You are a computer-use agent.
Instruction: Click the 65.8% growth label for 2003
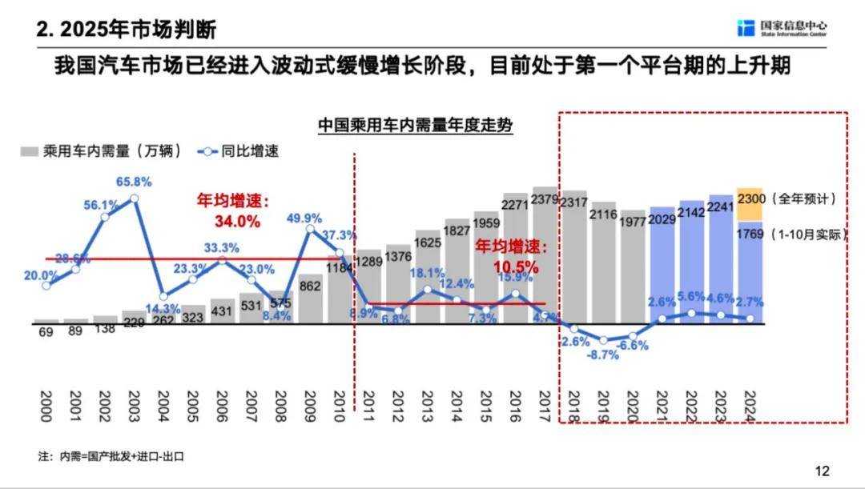tap(134, 182)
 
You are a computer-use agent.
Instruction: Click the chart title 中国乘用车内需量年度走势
tap(415, 126)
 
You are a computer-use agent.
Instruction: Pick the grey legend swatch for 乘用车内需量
tap(30, 150)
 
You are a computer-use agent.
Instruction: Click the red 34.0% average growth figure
tap(237, 222)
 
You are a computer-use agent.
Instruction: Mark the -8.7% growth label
tap(603, 355)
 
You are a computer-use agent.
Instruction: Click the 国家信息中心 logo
tap(782, 28)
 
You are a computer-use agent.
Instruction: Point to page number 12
tap(822, 471)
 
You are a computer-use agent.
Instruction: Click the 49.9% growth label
tap(304, 218)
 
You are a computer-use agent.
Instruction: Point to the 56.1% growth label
tap(101, 205)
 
